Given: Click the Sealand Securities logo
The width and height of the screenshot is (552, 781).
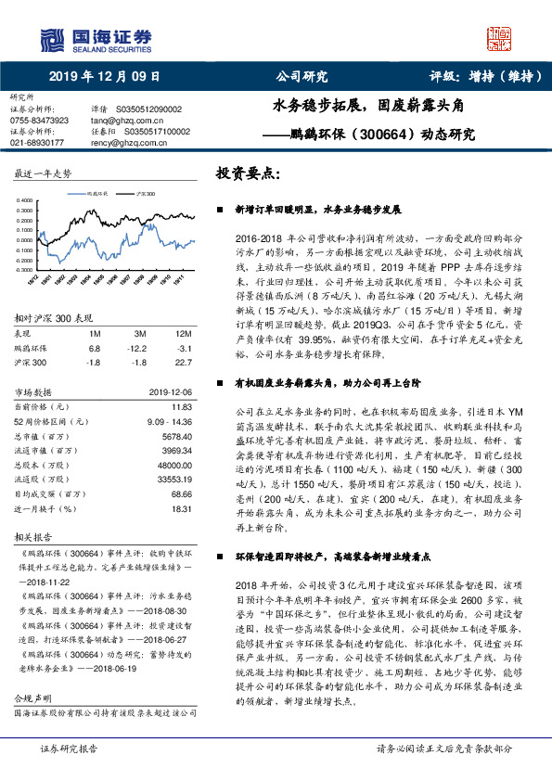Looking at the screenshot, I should (x=95, y=39).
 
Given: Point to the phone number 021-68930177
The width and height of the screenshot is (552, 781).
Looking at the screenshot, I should (x=37, y=143).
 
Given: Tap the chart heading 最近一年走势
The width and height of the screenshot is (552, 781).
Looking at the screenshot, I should (x=43, y=174).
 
